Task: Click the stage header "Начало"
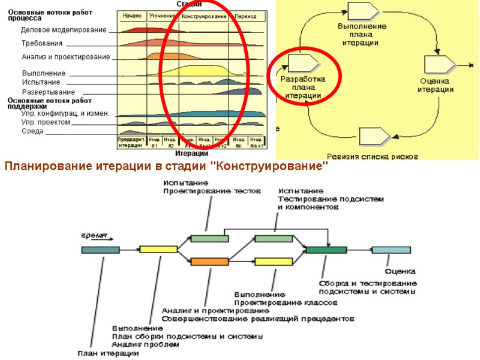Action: click(131, 16)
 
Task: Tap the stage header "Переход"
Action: click(245, 16)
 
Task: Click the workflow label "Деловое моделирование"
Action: click(64, 30)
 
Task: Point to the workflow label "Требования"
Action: click(42, 44)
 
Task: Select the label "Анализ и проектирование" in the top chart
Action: click(66, 58)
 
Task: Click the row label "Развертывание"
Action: click(49, 92)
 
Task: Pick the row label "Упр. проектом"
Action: click(46, 122)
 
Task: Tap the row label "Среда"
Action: click(32, 131)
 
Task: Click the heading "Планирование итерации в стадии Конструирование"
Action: click(166, 165)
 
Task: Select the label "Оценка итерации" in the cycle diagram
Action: click(435, 85)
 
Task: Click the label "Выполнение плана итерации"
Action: click(362, 35)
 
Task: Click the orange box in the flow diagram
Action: click(209, 262)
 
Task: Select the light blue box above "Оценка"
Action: click(391, 250)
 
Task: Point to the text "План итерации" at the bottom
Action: click(108, 353)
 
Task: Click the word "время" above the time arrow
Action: click(90, 235)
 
